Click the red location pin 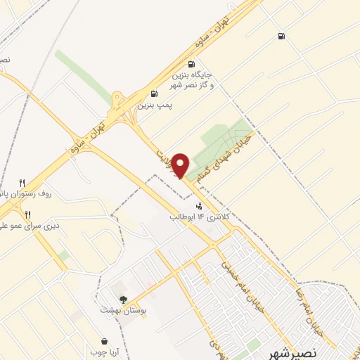click(x=181, y=164)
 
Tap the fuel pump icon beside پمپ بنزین click(x=154, y=94)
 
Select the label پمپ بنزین click(x=154, y=105)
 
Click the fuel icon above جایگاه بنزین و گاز click(x=191, y=64)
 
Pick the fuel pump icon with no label click(x=281, y=37)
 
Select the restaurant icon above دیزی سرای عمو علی click(x=27, y=214)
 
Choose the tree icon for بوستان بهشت click(x=123, y=300)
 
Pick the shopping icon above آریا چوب click(x=104, y=341)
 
